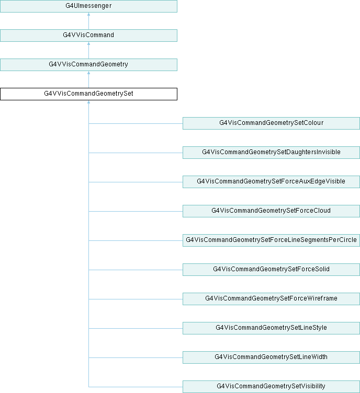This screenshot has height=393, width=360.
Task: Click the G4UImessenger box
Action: coord(88,6)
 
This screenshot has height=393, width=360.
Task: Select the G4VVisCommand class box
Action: coord(88,36)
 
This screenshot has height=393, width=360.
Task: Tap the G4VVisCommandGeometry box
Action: coord(88,65)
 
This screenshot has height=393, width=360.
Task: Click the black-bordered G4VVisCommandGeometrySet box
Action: coord(88,94)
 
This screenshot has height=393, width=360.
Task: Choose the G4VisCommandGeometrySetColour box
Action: coord(271,123)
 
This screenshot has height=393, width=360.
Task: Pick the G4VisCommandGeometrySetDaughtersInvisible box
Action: coord(271,153)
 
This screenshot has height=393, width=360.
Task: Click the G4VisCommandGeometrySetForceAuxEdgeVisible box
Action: coord(271,182)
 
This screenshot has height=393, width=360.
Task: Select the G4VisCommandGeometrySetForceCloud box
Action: coord(271,211)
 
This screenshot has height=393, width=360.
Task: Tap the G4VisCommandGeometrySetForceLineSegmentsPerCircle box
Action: coord(271,240)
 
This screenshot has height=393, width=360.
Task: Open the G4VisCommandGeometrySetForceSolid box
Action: coord(271,270)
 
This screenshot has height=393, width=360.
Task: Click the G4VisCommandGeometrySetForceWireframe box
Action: coord(271,299)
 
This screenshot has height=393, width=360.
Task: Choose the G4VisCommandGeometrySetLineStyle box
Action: coord(271,328)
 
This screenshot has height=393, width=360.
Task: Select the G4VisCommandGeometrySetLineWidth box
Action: coord(271,357)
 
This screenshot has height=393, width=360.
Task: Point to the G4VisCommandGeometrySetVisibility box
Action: coord(271,387)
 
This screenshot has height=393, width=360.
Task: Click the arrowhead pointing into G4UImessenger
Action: coord(88,15)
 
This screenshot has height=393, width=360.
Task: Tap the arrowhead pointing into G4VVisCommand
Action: coord(88,44)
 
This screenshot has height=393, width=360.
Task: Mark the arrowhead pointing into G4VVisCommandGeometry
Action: coord(88,73)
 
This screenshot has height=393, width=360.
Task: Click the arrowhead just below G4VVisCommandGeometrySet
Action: coord(88,102)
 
